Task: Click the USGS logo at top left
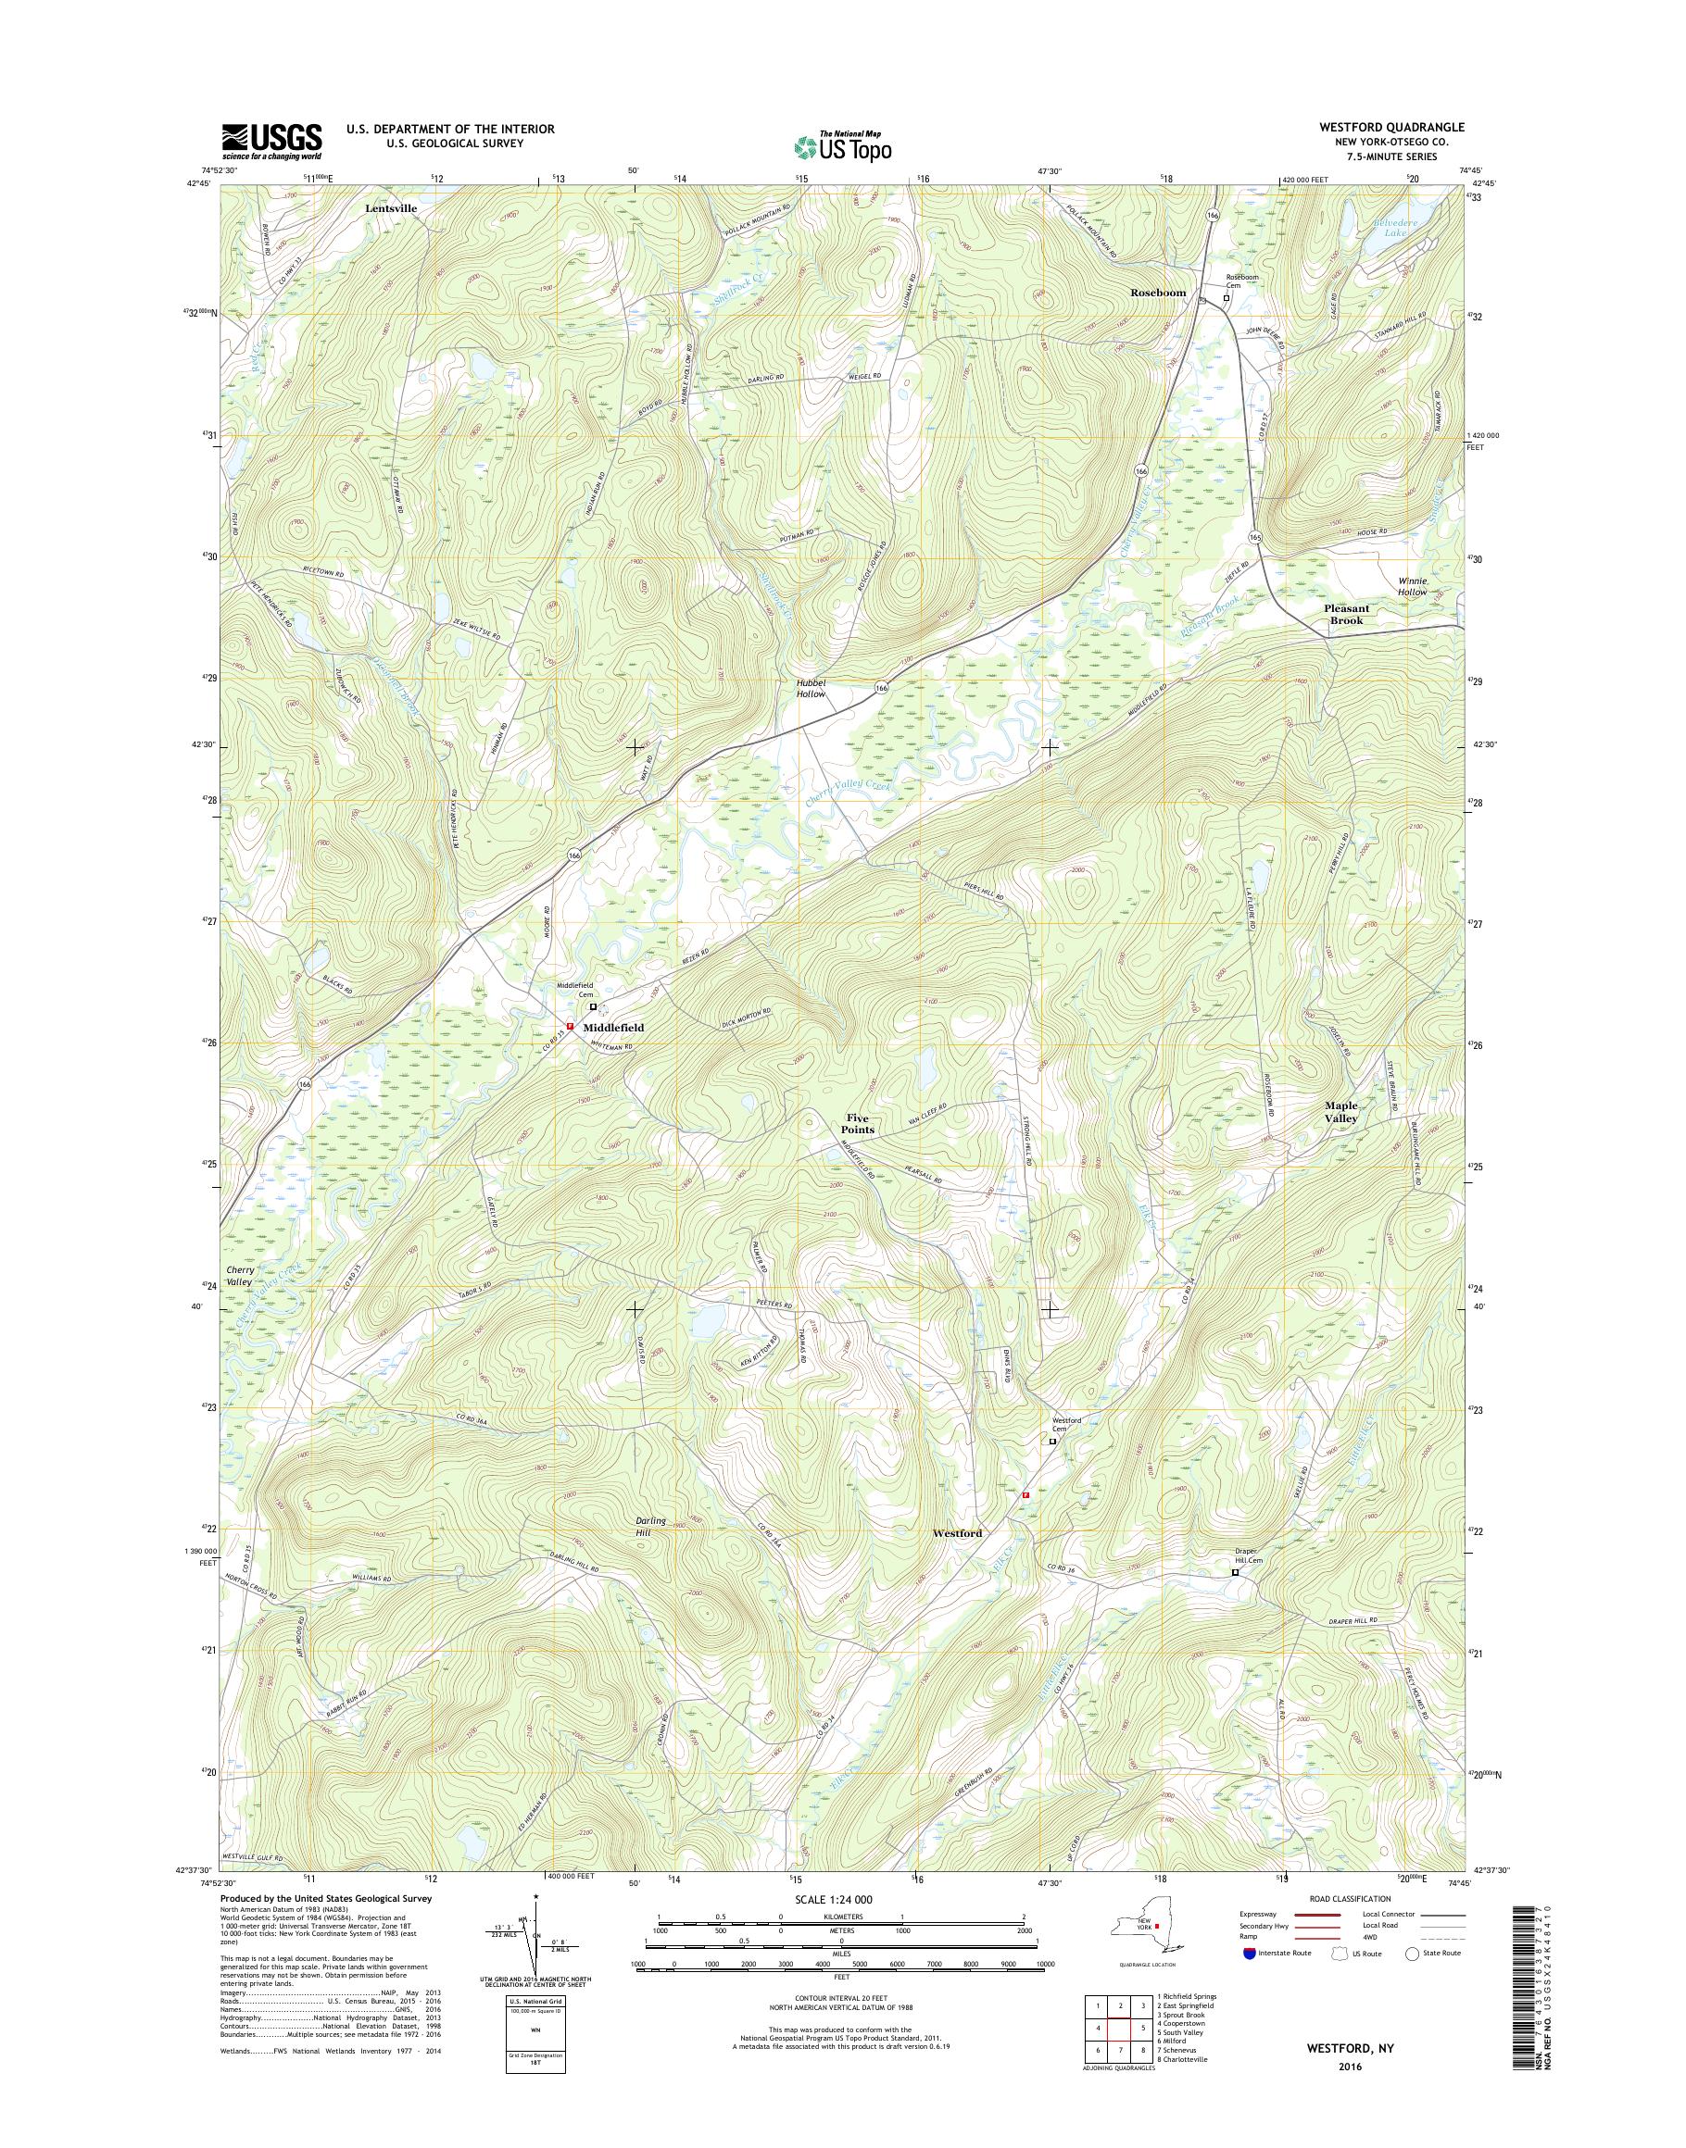point(271,141)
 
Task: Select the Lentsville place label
point(391,209)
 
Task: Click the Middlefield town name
point(613,1027)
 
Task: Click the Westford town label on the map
point(957,1533)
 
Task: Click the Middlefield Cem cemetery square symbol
point(593,1007)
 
